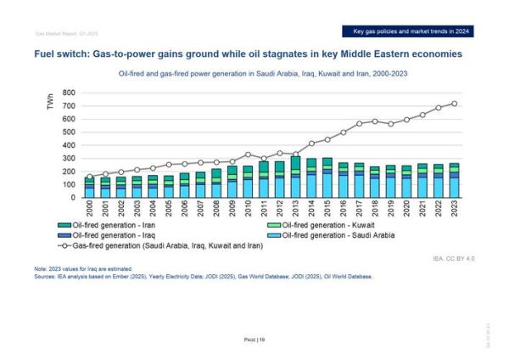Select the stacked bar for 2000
pyautogui.click(x=90, y=188)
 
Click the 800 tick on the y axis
pyautogui.click(x=68, y=93)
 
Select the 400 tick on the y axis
pyautogui.click(x=68, y=145)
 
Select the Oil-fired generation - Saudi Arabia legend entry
pyautogui.click(x=318, y=234)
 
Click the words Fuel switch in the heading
pyautogui.click(x=60, y=53)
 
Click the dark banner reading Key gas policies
pyautogui.click(x=412, y=31)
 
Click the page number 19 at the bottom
pyautogui.click(x=254, y=339)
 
